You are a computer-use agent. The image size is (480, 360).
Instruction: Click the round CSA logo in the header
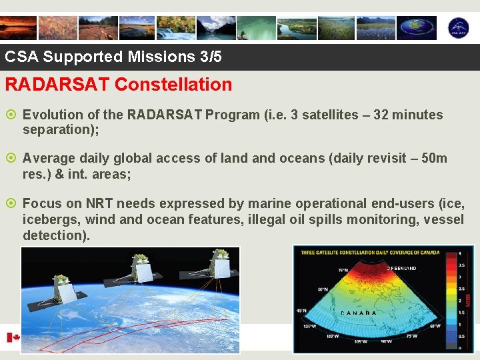click(x=457, y=27)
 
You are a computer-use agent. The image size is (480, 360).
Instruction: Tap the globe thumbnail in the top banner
click(x=416, y=27)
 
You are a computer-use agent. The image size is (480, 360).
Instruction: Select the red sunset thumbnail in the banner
click(x=18, y=27)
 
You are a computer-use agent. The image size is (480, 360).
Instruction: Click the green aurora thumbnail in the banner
click(x=256, y=27)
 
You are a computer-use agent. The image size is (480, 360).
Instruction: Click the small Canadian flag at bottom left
click(x=13, y=338)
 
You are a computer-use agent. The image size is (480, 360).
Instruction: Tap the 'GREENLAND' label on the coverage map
click(x=402, y=269)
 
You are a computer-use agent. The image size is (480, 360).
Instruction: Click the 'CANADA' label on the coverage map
click(x=358, y=313)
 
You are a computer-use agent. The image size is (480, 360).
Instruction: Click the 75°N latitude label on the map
click(x=343, y=270)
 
